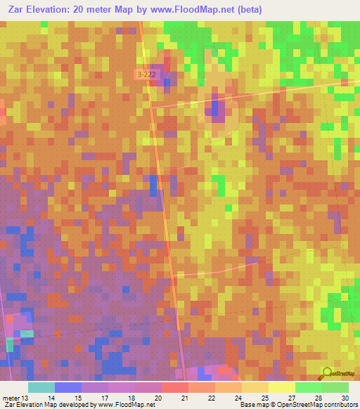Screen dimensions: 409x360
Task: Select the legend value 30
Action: point(344,397)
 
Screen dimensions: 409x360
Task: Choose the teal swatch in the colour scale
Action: point(41,387)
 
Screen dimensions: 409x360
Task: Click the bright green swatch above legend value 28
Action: point(309,387)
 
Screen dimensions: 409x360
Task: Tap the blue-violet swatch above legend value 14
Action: point(67,387)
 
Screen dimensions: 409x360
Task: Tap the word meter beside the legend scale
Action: point(11,397)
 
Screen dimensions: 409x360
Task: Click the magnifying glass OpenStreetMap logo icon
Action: point(326,374)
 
